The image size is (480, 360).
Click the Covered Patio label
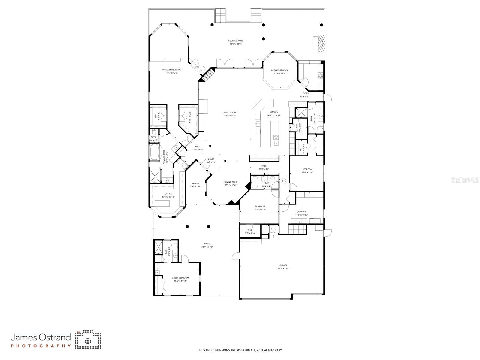pos(236,41)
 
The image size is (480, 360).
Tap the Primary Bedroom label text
pos(172,70)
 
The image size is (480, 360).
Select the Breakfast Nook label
pos(279,70)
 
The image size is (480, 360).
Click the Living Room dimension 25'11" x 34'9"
pos(229,116)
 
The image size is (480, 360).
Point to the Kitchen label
pos(274,112)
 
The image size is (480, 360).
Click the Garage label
pos(283,265)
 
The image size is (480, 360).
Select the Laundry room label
pos(301,212)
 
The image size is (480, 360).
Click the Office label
pos(168,194)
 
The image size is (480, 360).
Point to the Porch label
pos(195,183)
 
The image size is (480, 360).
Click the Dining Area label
pos(231,182)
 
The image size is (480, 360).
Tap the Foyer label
pos(211,159)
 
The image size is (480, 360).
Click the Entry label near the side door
pos(306,93)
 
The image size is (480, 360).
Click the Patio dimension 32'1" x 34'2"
pos(207,247)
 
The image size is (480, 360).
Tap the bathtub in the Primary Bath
pos(155,153)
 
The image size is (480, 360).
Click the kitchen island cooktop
pos(276,138)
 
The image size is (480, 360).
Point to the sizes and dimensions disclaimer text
pos(240,350)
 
